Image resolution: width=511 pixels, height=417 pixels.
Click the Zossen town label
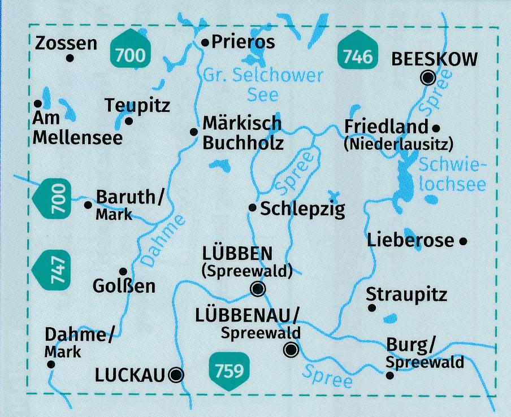click(x=66, y=43)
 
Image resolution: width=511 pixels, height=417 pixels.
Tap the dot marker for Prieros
click(x=205, y=42)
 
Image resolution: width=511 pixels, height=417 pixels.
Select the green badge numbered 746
click(x=358, y=55)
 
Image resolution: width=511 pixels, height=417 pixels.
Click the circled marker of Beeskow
click(x=429, y=77)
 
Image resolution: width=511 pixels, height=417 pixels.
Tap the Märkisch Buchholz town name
click(x=242, y=132)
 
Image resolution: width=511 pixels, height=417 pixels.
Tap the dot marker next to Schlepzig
click(x=253, y=208)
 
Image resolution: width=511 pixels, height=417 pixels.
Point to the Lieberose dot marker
click(x=463, y=241)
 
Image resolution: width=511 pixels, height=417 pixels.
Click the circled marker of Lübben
click(x=257, y=289)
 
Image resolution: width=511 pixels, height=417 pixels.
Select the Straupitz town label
click(x=406, y=294)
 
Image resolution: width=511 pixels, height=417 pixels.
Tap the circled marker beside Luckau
click(x=177, y=373)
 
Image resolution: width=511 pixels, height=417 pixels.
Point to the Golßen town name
click(x=124, y=286)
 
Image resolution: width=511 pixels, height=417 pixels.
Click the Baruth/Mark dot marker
click(x=88, y=205)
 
